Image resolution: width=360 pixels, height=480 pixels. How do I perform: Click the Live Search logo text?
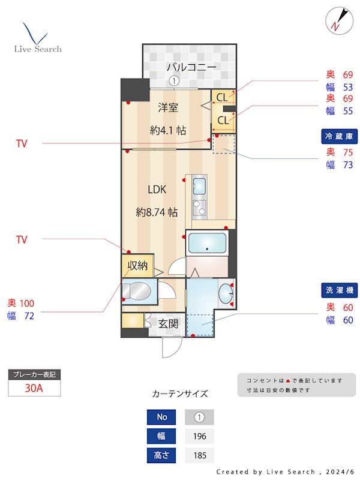tap(38, 49)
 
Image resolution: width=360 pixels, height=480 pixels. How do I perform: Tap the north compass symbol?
tap(339, 21)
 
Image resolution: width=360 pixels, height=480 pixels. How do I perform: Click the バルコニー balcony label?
tap(191, 67)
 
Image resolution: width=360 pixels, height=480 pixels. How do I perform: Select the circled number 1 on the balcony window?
tap(174, 81)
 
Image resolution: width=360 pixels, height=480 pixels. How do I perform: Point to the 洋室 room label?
tap(168, 107)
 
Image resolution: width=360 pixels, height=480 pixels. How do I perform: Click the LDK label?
tap(157, 190)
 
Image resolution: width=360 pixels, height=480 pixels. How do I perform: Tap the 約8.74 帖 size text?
tap(157, 212)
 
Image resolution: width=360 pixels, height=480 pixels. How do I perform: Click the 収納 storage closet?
tap(137, 265)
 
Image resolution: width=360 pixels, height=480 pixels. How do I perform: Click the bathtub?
tap(207, 244)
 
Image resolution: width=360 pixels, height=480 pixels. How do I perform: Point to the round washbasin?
tap(226, 293)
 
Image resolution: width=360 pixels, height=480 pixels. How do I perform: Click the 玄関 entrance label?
tap(168, 324)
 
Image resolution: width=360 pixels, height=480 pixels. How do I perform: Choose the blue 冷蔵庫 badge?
tap(339, 136)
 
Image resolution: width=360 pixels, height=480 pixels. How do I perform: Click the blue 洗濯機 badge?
tap(339, 290)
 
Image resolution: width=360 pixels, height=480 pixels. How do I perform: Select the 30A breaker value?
tap(34, 388)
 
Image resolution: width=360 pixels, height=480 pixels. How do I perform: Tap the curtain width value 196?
tap(199, 436)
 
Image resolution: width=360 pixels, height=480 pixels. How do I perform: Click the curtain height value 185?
tap(199, 455)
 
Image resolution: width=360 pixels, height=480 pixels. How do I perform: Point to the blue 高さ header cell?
tap(161, 455)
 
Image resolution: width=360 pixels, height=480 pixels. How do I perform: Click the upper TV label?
tap(22, 143)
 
